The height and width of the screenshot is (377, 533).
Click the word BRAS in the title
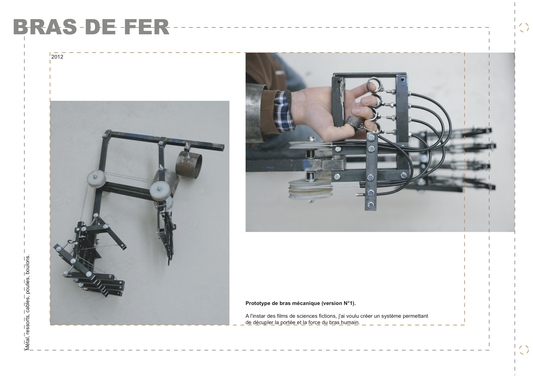click(45, 27)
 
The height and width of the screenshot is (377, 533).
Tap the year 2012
click(57, 57)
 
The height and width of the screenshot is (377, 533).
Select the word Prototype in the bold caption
click(257, 303)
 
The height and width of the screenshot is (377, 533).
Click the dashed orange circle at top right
click(524, 27)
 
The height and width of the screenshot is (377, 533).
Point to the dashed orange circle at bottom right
click(524, 350)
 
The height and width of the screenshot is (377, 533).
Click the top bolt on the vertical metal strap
click(371, 138)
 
